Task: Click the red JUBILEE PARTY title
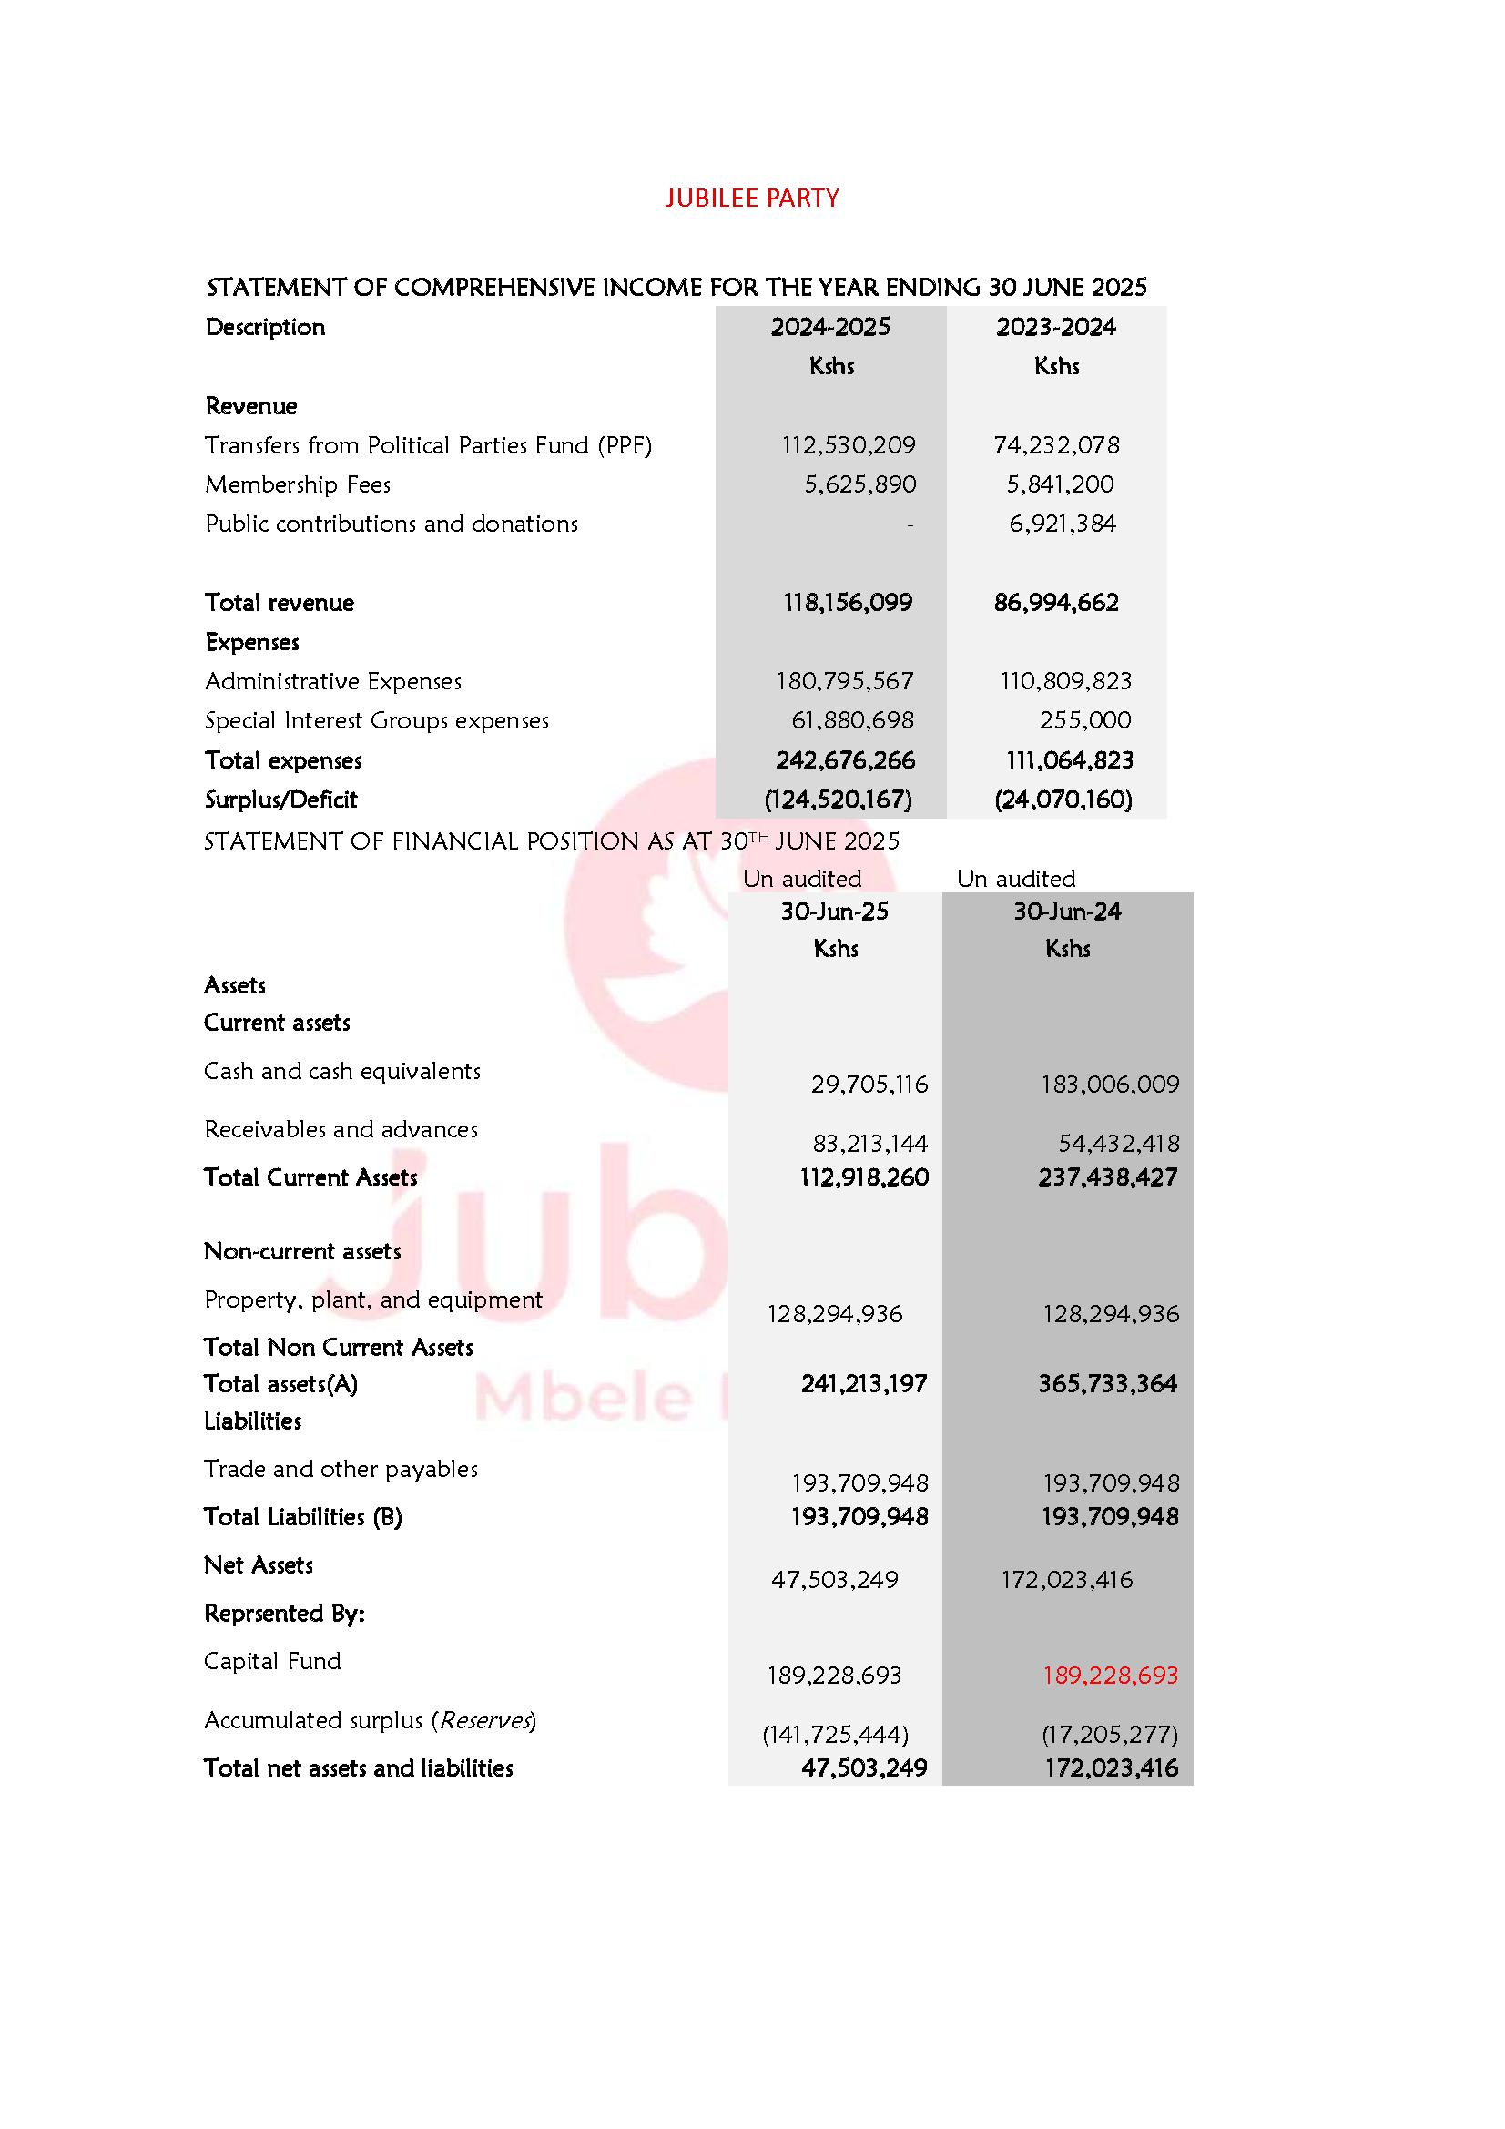click(x=751, y=198)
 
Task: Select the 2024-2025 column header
click(x=830, y=326)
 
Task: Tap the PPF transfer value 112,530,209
click(x=848, y=445)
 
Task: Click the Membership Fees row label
click(x=298, y=484)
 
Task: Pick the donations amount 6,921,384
click(x=1062, y=524)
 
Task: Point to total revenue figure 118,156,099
click(x=848, y=603)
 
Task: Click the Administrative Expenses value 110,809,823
click(x=1065, y=681)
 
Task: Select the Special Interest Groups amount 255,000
click(x=1084, y=720)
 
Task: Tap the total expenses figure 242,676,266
click(x=845, y=760)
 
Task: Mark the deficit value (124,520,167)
click(x=838, y=800)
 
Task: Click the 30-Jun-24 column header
click(x=1066, y=912)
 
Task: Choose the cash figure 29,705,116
click(x=869, y=1084)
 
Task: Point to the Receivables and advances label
click(x=341, y=1129)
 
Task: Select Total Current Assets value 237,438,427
click(x=1107, y=1177)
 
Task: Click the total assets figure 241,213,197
click(x=863, y=1383)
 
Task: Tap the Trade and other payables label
click(x=341, y=1469)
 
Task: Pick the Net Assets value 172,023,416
click(x=1066, y=1579)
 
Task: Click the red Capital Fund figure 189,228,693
click(x=1110, y=1675)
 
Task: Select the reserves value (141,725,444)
click(x=835, y=1734)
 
